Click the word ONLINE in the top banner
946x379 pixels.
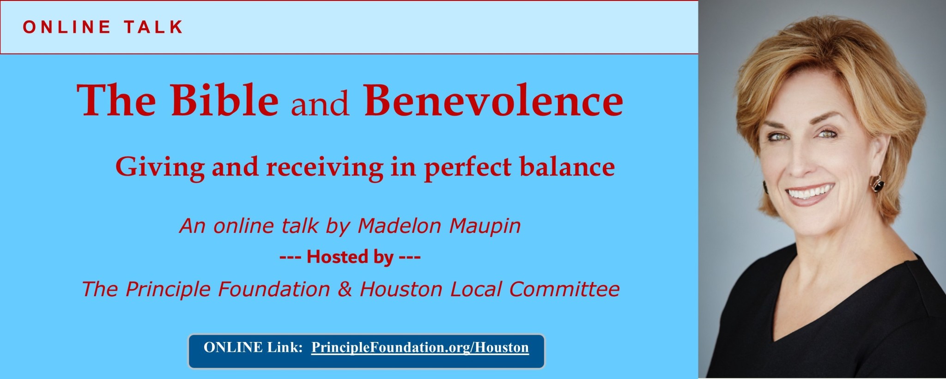tap(67, 27)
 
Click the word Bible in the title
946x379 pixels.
tap(225, 100)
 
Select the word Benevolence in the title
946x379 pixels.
tap(493, 100)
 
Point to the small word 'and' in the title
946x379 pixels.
tap(320, 104)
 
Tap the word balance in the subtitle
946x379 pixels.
tap(567, 166)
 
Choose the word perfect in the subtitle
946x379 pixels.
tap(467, 167)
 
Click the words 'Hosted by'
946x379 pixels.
tap(350, 257)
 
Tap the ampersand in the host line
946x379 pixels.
tap(345, 289)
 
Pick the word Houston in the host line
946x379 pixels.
tap(401, 289)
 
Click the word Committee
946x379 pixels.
tap(564, 289)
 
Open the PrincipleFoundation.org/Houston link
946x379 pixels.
tap(420, 348)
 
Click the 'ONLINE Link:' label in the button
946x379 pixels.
tap(253, 348)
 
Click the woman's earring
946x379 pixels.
tap(877, 184)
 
